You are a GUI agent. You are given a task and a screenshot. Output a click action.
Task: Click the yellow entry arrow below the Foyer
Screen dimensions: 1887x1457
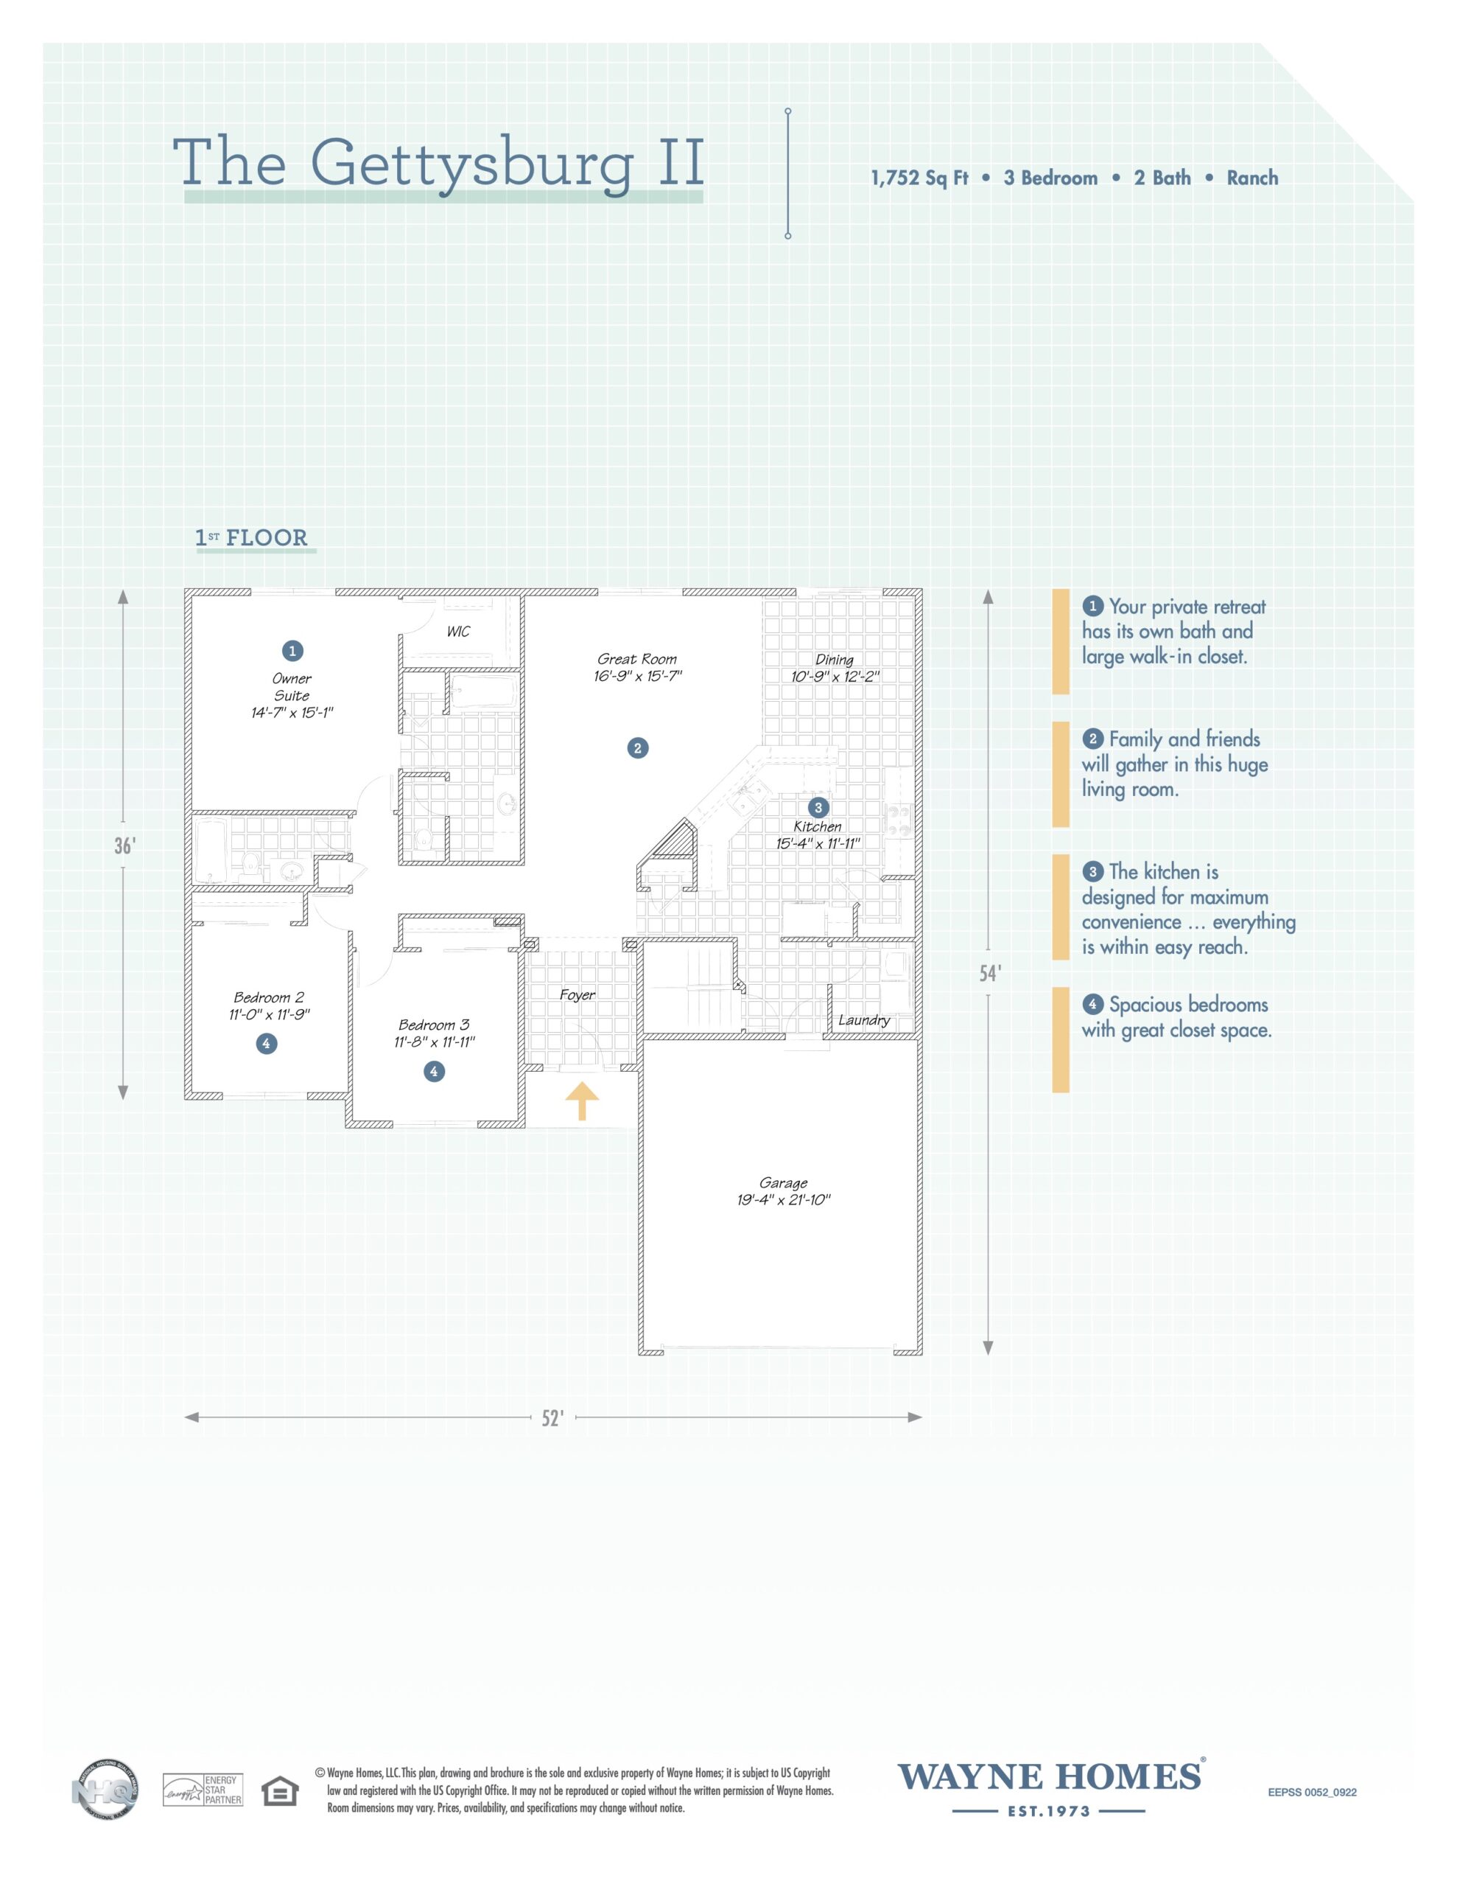point(582,1100)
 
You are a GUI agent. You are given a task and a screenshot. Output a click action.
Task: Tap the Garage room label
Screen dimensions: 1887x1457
point(783,1183)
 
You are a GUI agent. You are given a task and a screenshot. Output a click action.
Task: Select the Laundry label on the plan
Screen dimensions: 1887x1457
point(863,1020)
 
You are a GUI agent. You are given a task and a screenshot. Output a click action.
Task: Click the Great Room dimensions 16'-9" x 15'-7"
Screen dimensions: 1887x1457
point(637,677)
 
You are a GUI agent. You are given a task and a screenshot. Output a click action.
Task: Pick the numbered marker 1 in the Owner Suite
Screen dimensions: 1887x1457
point(292,651)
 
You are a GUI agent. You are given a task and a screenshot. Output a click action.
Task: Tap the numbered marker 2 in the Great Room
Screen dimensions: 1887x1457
point(637,748)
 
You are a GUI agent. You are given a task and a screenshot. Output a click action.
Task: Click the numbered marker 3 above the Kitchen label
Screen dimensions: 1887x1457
point(817,808)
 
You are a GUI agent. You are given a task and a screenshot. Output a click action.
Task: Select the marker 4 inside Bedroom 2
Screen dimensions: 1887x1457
point(266,1044)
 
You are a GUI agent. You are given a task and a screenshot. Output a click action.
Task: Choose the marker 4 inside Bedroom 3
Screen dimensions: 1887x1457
point(434,1071)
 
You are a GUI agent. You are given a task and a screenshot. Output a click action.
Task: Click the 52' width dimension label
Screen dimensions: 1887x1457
point(552,1419)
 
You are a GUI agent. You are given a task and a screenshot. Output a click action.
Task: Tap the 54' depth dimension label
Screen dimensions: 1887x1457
point(990,974)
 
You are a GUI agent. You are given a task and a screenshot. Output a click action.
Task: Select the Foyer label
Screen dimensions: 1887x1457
point(577,994)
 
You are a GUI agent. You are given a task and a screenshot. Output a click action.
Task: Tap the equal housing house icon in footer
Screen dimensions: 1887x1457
point(279,1791)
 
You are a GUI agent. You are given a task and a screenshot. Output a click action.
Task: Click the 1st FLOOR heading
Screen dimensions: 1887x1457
point(252,538)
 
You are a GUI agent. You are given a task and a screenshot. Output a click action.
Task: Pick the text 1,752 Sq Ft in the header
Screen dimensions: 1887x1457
point(919,178)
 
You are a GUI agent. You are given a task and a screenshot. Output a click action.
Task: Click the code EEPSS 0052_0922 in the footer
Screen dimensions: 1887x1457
point(1312,1793)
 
